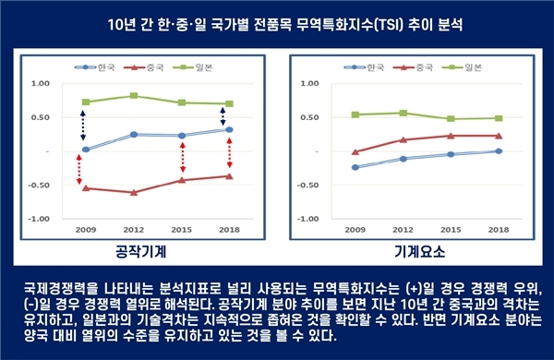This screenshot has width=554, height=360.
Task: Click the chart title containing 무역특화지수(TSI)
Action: point(277,22)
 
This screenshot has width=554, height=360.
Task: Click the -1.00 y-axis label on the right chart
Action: point(311,219)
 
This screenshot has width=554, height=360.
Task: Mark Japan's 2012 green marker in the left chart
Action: point(134,96)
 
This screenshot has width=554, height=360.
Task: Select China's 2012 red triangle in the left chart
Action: point(134,192)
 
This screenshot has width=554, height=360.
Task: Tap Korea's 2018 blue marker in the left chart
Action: point(229,129)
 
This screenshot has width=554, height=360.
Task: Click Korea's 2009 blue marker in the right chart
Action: point(355,167)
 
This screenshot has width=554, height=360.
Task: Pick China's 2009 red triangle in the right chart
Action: point(355,151)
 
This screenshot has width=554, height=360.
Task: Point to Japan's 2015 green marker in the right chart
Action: point(451,118)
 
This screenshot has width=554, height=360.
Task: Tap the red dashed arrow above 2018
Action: point(229,153)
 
